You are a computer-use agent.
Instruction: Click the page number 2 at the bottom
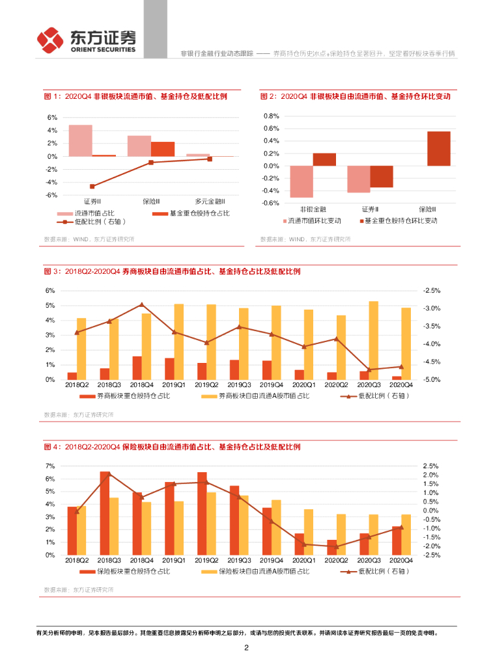coord(245,648)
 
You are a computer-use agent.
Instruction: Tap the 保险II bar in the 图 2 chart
coord(438,148)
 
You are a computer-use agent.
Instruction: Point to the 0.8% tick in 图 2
coord(271,116)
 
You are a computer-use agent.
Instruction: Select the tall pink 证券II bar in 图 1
coord(80,140)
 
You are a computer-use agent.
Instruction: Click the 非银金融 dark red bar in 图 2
coord(324,159)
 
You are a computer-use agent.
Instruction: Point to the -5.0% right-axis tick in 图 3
coord(432,379)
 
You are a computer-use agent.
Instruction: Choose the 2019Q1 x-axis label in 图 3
coord(173,386)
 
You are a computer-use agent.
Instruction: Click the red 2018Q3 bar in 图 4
coord(105,513)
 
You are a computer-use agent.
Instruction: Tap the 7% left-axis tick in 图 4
coord(50,466)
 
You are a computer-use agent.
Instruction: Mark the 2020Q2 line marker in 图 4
coord(337,546)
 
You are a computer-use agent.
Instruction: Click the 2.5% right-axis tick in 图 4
coord(432,466)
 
